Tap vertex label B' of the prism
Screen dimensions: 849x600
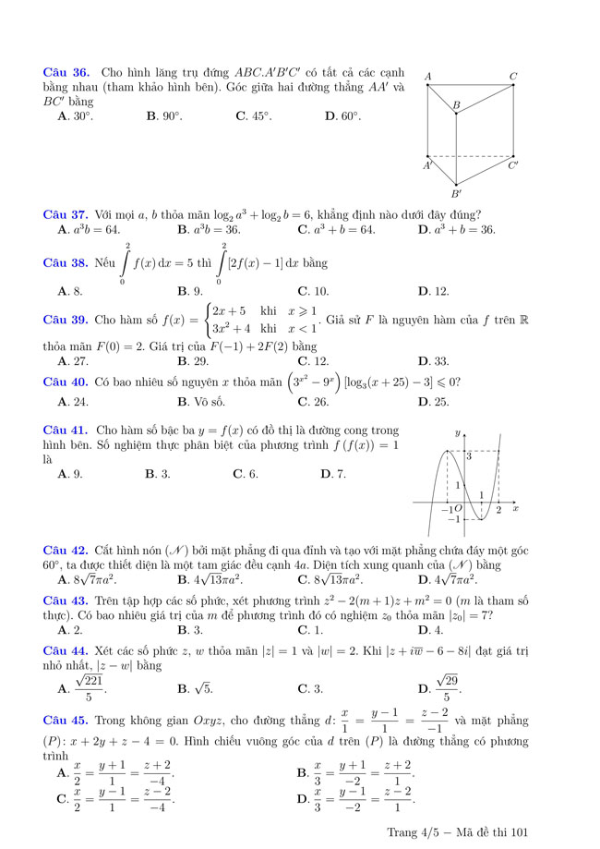pyautogui.click(x=456, y=194)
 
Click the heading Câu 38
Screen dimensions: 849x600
pyautogui.click(x=66, y=262)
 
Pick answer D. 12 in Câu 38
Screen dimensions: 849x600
pyautogui.click(x=433, y=291)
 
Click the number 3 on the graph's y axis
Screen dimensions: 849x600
pyautogui.click(x=468, y=455)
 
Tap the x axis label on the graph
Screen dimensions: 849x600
pyautogui.click(x=516, y=508)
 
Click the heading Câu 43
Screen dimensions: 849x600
pyautogui.click(x=66, y=600)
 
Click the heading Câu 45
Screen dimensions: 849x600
pyautogui.click(x=66, y=721)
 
